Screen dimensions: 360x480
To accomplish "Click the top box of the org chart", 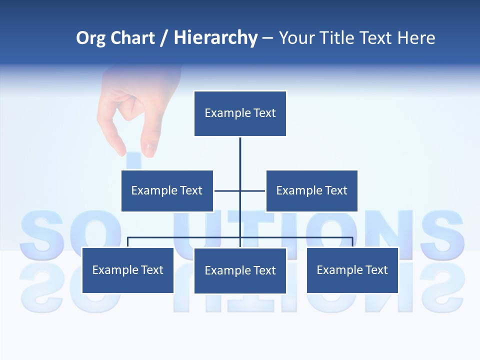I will pos(240,113).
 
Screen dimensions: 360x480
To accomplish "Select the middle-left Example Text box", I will pos(167,190).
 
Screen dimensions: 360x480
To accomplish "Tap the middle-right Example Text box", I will pos(311,190).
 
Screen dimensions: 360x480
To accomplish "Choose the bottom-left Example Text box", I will pos(127,270).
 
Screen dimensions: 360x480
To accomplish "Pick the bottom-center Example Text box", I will pos(240,270).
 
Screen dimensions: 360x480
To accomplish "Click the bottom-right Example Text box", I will pos(352,270).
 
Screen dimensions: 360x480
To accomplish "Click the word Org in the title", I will pos(90,38).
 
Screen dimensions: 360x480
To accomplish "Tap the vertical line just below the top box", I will pos(240,150).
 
